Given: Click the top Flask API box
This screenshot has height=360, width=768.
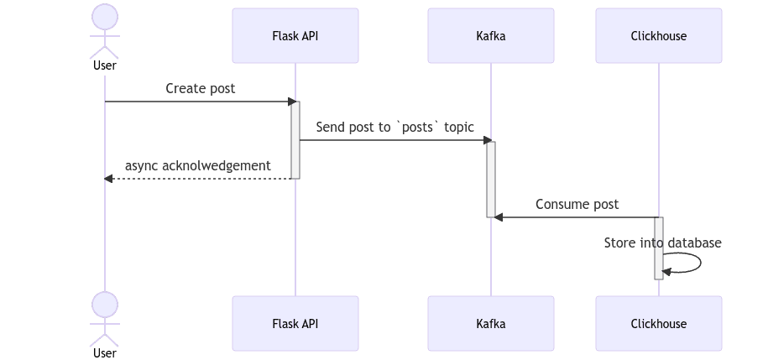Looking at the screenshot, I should [295, 36].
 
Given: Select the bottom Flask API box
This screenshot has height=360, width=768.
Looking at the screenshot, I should [295, 323].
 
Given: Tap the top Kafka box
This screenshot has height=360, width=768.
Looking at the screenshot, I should [490, 36].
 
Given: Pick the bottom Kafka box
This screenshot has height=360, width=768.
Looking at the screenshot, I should [490, 323].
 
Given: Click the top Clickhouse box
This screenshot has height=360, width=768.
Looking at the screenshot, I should [659, 36].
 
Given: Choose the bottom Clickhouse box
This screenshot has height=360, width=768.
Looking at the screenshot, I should [659, 323].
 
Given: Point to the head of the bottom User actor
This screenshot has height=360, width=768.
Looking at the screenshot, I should [104, 304].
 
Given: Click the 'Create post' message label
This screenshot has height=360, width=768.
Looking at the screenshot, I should [200, 88].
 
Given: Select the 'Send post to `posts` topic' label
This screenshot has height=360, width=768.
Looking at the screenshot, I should [394, 127].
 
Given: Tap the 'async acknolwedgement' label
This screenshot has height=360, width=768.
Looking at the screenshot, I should [198, 165].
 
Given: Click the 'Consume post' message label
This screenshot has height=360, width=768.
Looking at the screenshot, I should [577, 204].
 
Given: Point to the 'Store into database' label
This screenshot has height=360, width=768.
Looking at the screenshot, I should [662, 243].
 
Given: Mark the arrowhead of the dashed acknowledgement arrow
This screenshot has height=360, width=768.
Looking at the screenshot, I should [108, 179].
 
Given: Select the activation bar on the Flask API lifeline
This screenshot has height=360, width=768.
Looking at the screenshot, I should [295, 139].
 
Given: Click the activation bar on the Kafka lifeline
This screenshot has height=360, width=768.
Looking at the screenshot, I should [491, 179].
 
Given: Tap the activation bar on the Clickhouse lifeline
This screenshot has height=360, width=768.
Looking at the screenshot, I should [659, 248].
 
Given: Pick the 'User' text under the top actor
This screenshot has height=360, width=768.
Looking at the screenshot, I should [104, 65].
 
